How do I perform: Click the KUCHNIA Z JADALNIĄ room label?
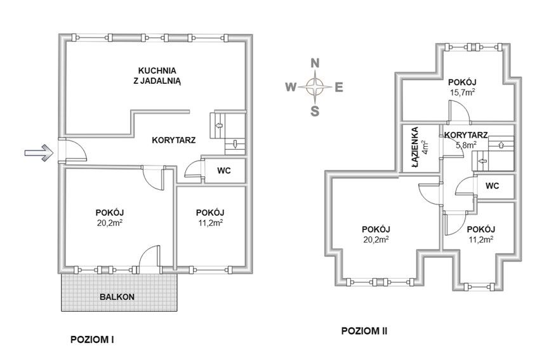(x=157, y=76)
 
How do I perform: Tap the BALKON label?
(x=117, y=297)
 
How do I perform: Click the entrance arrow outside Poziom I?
(x=39, y=153)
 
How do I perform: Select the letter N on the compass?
(x=315, y=63)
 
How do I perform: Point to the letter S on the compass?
(x=315, y=111)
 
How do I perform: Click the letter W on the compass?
(x=291, y=87)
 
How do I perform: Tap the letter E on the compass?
(x=339, y=87)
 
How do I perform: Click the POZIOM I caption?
(x=92, y=340)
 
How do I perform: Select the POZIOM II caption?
(x=364, y=331)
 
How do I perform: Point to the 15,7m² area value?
(x=461, y=92)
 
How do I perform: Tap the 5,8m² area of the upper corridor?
(x=466, y=144)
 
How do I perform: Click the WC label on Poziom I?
(x=224, y=171)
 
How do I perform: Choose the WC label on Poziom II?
(x=492, y=185)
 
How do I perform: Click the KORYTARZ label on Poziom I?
(x=174, y=140)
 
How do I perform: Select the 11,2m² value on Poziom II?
(x=481, y=239)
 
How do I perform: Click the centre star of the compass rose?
(x=315, y=86)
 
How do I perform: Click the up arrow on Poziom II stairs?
(x=501, y=145)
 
